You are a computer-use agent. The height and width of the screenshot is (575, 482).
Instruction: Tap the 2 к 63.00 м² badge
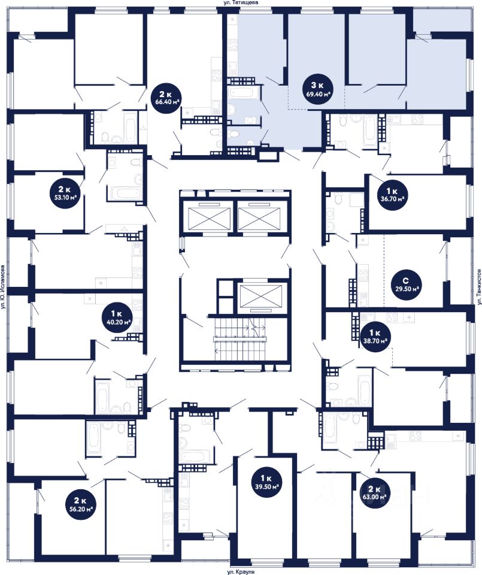coord(374,493)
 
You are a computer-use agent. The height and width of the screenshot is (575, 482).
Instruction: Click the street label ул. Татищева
coord(241,2)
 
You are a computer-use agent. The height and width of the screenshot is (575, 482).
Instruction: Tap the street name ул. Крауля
coord(241,571)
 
